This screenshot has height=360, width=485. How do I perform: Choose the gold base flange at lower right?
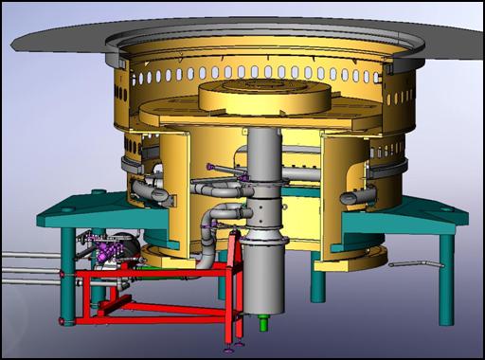click(x=365, y=254)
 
